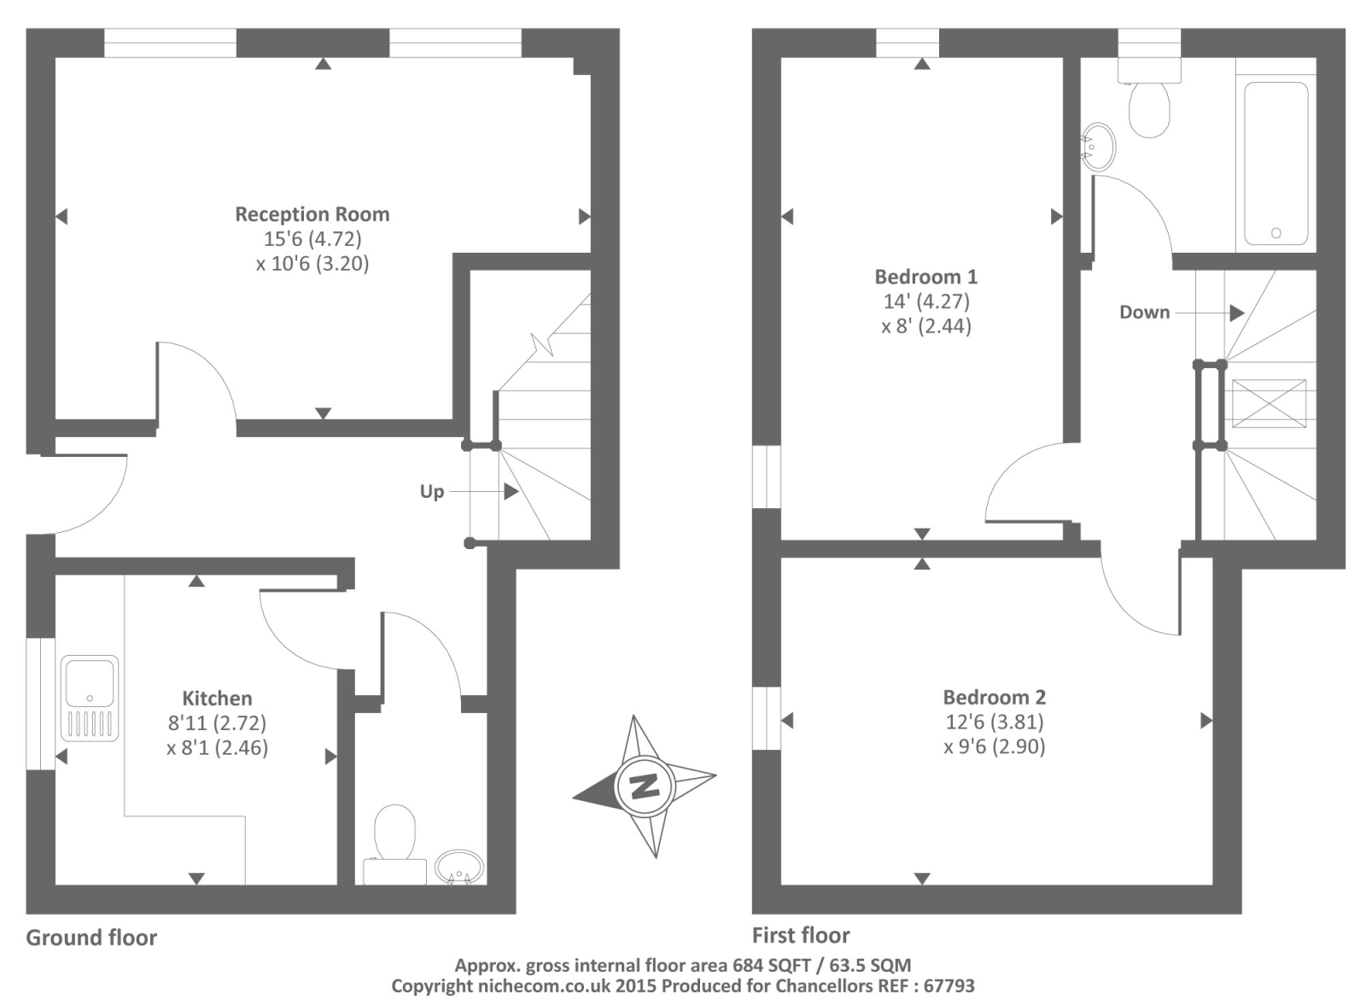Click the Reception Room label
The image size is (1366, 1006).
click(312, 214)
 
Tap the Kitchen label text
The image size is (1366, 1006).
click(217, 698)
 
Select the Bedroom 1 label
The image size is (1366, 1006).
click(925, 277)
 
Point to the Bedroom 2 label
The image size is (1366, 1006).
click(994, 698)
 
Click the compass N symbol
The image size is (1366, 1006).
click(644, 786)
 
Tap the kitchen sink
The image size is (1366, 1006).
click(90, 699)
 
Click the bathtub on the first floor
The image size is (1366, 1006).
click(1276, 163)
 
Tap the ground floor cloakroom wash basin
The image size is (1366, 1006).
click(459, 867)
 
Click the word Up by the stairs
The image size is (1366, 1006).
click(432, 492)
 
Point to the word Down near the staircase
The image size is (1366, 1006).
click(1145, 313)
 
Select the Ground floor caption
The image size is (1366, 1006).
click(91, 937)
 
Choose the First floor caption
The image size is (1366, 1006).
click(801, 934)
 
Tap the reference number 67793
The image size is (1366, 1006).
click(949, 986)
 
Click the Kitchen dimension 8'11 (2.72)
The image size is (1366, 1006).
click(217, 723)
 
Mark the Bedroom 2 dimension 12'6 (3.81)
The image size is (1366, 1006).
click(994, 722)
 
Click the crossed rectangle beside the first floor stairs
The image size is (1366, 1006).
click(1269, 403)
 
